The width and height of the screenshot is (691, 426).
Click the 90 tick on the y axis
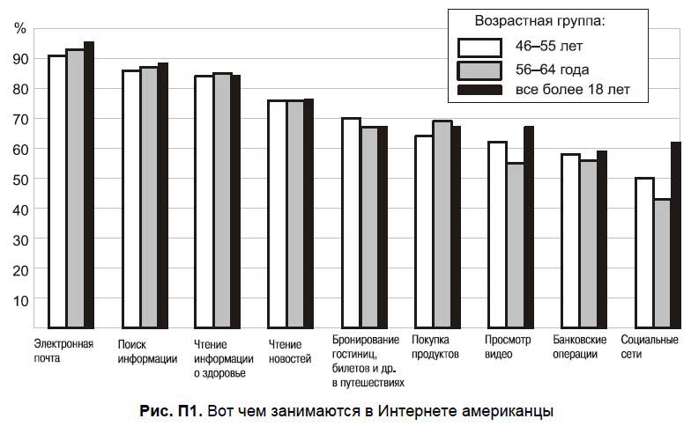tap(20, 58)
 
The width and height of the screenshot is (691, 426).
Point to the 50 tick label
tap(20, 179)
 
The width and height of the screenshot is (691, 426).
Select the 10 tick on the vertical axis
tap(20, 299)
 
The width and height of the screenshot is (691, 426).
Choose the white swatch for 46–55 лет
tap(479, 47)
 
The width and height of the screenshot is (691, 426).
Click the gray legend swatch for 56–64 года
tap(479, 69)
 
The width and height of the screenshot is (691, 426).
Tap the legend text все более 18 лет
tap(572, 90)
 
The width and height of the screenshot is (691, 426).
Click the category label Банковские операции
tap(580, 347)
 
